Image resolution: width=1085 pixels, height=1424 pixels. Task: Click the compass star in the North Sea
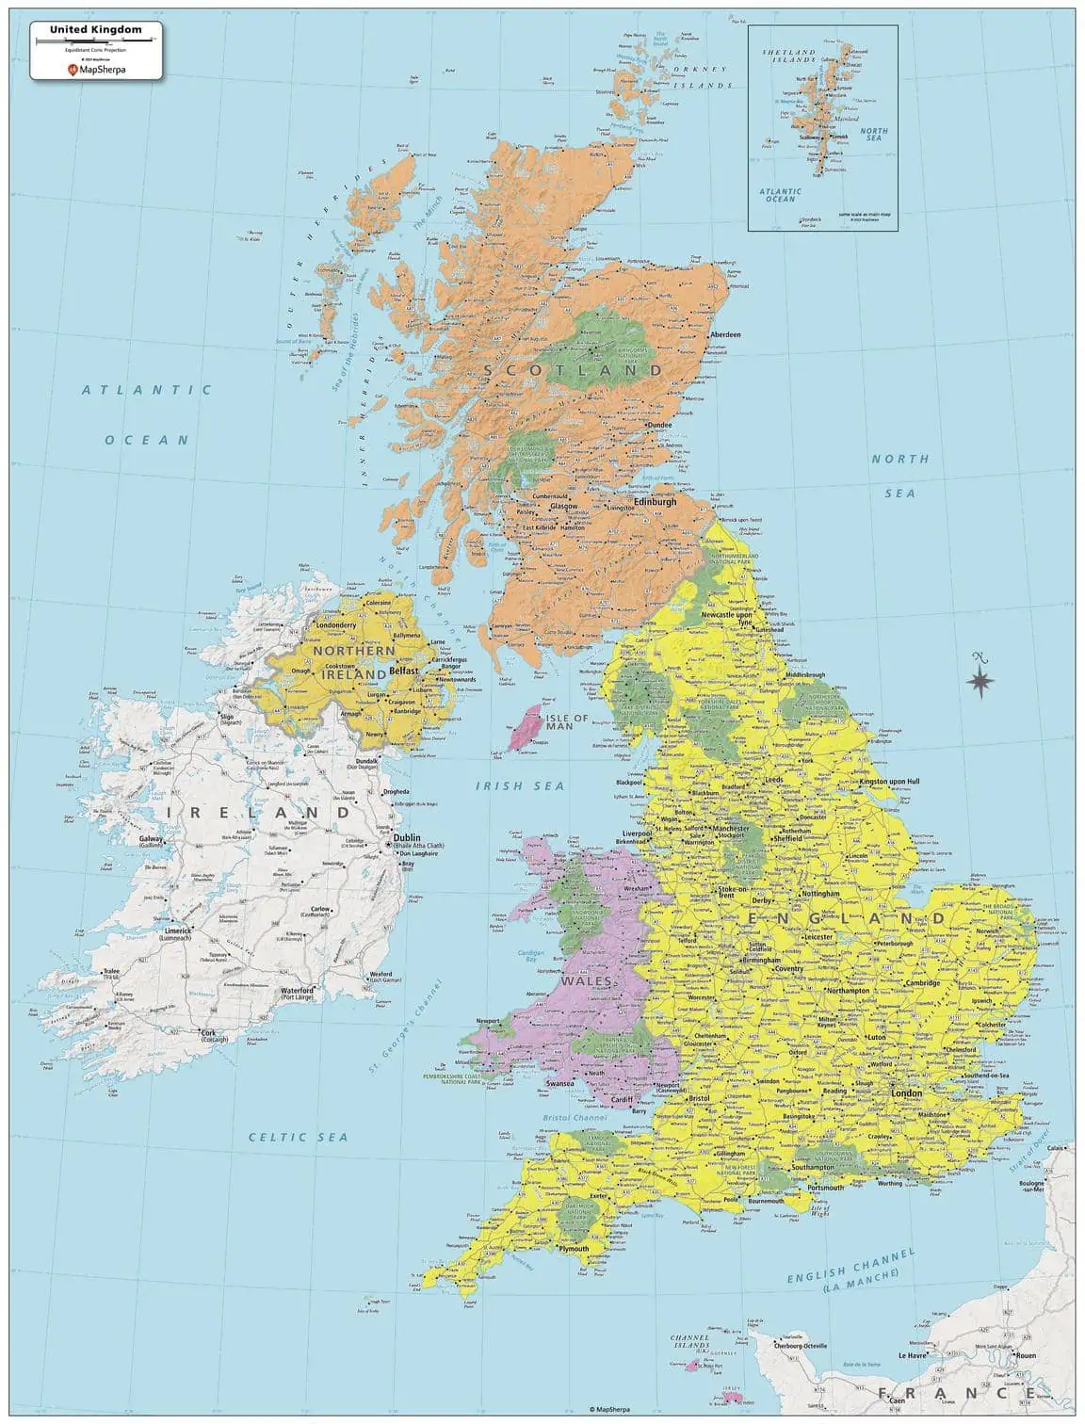click(980, 679)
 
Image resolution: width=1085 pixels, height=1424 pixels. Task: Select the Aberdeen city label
click(725, 334)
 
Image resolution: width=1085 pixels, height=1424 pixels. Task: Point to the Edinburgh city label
click(656, 502)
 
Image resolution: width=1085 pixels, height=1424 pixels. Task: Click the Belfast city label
click(403, 671)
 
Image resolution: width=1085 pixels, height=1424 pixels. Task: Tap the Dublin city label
click(407, 836)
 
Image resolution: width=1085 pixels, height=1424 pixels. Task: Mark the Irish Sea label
click(520, 785)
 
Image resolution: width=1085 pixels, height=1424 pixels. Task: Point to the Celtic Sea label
click(298, 1137)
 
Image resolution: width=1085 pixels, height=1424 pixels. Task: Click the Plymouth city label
click(574, 1249)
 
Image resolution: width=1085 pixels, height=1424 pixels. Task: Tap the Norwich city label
click(987, 930)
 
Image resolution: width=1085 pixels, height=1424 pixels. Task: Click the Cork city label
click(208, 1032)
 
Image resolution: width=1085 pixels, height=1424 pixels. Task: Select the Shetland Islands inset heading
click(788, 56)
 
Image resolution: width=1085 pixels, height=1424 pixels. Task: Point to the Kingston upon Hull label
click(889, 781)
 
